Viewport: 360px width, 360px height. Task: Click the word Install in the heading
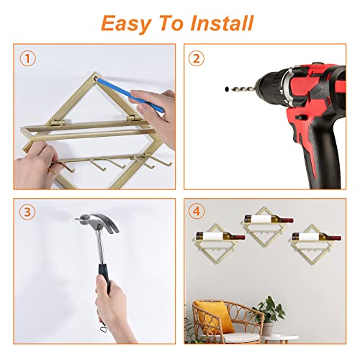point(222,23)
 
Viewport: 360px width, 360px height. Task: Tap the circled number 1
point(27,58)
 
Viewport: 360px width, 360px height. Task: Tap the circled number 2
point(197,58)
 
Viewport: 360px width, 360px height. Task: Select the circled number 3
point(27,212)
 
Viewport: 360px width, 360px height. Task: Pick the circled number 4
point(197,212)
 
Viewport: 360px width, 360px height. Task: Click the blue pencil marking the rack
point(130,94)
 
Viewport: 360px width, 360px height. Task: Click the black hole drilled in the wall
point(227,89)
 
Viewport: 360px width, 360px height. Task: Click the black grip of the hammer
point(104,279)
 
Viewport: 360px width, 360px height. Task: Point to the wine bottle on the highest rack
point(269,219)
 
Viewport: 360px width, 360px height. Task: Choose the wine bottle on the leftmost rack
point(220,236)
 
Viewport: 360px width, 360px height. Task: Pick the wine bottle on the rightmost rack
point(316,236)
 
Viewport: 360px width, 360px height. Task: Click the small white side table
point(281,338)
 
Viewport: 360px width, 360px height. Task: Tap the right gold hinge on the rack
point(135,118)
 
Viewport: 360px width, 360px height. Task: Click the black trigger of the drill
point(301,117)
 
